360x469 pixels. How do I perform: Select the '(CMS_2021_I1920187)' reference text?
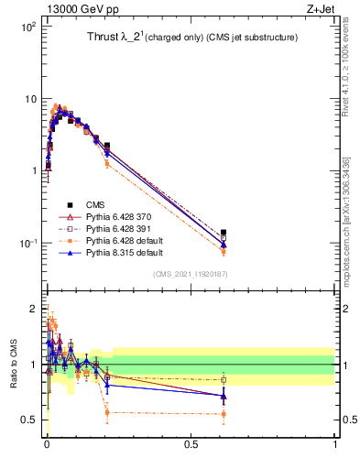tap(190, 274)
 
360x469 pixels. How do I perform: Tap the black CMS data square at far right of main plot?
tap(224, 233)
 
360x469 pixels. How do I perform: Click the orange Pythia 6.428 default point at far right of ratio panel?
tap(224, 414)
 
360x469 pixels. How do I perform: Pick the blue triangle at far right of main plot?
tap(224, 244)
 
